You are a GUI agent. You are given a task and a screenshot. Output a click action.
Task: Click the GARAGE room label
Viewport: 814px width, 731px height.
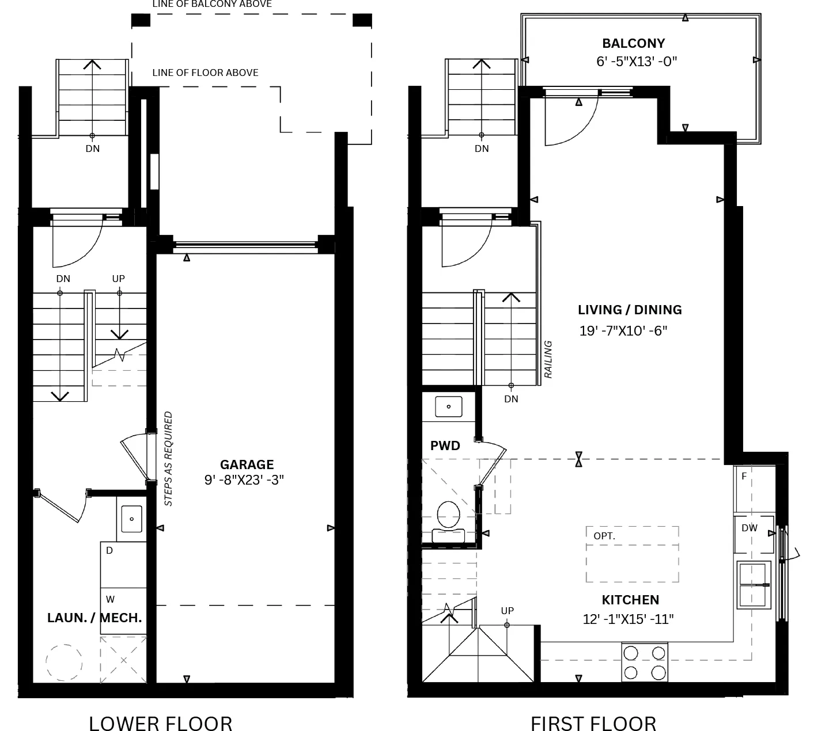pyautogui.click(x=247, y=465)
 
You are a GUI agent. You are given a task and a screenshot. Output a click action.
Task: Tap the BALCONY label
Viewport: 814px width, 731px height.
pyautogui.click(x=634, y=43)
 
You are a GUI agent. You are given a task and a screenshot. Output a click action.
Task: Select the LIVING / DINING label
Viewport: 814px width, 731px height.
pyautogui.click(x=630, y=310)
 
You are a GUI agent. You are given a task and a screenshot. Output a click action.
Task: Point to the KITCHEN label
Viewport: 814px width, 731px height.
pyautogui.click(x=630, y=600)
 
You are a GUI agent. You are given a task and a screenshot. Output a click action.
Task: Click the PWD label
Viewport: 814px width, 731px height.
pyautogui.click(x=445, y=446)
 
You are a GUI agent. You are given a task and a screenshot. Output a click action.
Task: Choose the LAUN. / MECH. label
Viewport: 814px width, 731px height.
pyautogui.click(x=94, y=618)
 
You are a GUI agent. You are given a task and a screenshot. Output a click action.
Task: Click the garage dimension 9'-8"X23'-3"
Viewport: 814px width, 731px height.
pyautogui.click(x=244, y=480)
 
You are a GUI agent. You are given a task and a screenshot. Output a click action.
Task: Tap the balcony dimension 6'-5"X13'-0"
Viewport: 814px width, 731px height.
pyautogui.click(x=637, y=62)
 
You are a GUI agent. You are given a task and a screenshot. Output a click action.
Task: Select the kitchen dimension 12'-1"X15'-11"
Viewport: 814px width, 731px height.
pyautogui.click(x=628, y=619)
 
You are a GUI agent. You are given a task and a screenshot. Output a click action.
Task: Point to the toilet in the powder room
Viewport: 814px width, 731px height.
pyautogui.click(x=448, y=522)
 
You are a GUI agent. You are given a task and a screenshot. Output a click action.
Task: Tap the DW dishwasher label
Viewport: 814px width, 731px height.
pyautogui.click(x=749, y=528)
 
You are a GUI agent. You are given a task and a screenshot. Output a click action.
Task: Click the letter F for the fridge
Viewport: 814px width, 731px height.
pyautogui.click(x=744, y=476)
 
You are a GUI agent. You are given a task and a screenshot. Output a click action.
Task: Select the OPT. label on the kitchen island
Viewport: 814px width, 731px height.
pyautogui.click(x=604, y=536)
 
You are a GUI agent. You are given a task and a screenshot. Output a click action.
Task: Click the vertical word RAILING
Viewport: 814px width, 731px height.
pyautogui.click(x=548, y=359)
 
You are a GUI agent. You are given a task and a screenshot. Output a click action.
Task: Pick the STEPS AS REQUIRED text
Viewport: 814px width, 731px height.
pyautogui.click(x=168, y=459)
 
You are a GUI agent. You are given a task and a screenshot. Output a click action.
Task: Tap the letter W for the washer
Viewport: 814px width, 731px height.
pyautogui.click(x=111, y=599)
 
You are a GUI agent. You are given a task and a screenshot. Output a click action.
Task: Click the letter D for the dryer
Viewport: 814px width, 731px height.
pyautogui.click(x=109, y=550)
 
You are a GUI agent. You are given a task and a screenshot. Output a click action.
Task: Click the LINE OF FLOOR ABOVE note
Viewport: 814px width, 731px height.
pyautogui.click(x=205, y=73)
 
